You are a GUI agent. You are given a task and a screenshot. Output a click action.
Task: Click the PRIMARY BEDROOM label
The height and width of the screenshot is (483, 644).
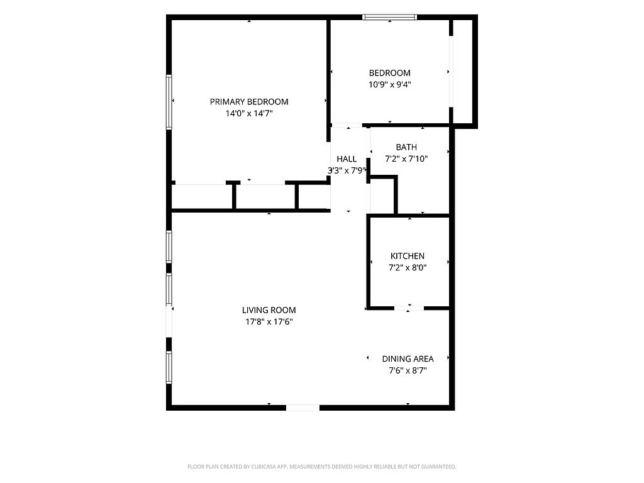[x=249, y=101]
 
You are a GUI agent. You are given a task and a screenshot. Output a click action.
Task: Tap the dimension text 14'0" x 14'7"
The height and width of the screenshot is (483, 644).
[x=249, y=113]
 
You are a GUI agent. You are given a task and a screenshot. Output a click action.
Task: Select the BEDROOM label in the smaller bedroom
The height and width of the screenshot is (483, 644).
[x=389, y=73]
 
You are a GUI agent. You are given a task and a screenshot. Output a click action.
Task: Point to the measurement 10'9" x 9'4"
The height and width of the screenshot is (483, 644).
[x=390, y=85]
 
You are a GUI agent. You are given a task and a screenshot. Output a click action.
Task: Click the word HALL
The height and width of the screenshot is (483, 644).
[x=347, y=159]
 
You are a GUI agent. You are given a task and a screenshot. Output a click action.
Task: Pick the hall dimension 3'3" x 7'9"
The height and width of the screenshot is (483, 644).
[x=347, y=170]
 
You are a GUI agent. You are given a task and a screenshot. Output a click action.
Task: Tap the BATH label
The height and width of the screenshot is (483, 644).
[x=406, y=147]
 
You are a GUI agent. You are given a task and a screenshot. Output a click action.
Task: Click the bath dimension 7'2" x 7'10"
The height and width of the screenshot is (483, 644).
[x=406, y=158]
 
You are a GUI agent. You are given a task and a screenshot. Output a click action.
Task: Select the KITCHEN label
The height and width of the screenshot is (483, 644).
[x=408, y=256]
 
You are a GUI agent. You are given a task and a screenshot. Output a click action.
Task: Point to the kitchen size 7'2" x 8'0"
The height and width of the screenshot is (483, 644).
[x=408, y=268]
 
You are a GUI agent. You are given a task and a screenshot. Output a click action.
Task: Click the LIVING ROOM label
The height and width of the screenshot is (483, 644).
[x=269, y=310]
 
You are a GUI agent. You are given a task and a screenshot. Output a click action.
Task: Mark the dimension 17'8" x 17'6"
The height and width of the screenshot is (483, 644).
[x=269, y=321]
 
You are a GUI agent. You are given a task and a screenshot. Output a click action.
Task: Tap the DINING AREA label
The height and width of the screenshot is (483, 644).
[x=408, y=358]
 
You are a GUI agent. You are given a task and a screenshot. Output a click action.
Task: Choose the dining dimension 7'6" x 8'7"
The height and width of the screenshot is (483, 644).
[x=408, y=370]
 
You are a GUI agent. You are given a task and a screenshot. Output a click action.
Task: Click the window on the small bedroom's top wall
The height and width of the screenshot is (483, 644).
[x=390, y=17]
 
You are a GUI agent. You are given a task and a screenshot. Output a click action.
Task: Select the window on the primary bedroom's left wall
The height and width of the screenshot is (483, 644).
[x=169, y=102]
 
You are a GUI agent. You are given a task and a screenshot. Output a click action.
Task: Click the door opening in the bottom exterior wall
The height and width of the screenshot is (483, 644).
[x=303, y=408]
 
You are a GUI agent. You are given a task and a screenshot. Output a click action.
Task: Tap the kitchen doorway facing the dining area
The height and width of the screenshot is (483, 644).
[x=409, y=308]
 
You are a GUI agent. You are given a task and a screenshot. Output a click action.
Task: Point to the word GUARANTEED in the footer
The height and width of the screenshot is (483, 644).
[x=439, y=467]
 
